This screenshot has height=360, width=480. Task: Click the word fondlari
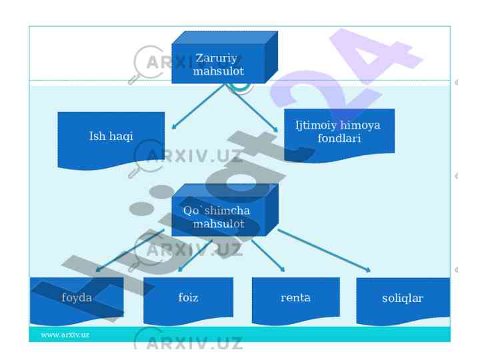339,139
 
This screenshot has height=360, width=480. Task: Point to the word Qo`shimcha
217,211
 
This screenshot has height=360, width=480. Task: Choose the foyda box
77,298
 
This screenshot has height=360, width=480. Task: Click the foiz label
188,297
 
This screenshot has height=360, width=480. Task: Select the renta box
295,297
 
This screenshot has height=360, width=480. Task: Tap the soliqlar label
403,298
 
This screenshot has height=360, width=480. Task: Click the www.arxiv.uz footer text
65,335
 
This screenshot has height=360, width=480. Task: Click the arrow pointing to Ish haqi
200,107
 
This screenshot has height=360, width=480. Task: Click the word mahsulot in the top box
218,71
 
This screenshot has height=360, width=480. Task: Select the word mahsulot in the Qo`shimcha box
219,224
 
